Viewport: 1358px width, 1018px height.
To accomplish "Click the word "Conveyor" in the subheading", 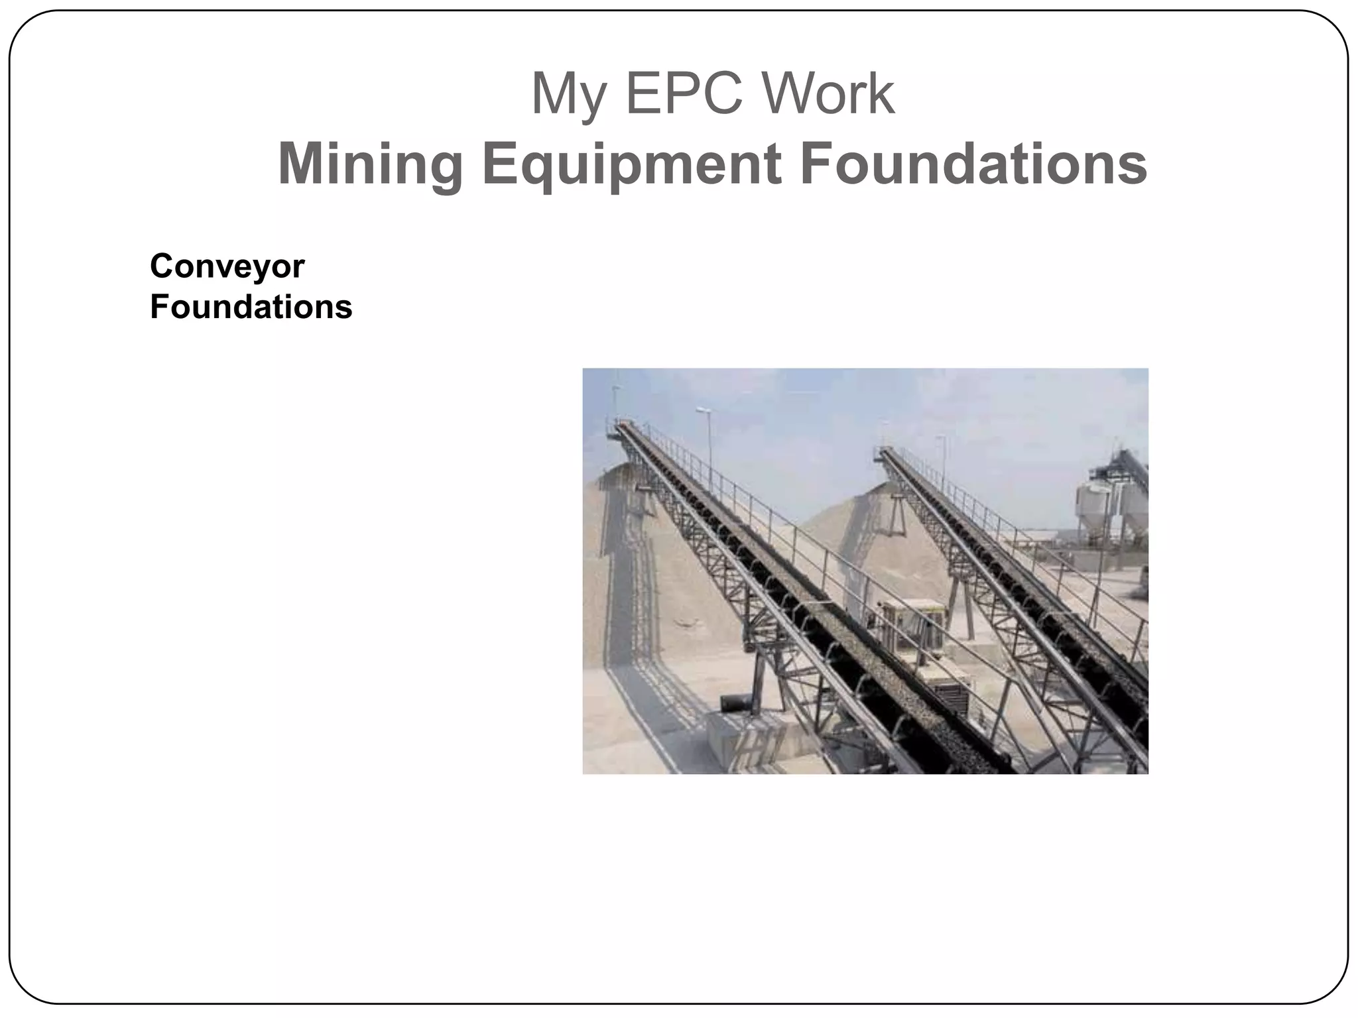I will (x=227, y=266).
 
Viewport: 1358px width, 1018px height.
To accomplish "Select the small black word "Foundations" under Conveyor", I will (x=251, y=308).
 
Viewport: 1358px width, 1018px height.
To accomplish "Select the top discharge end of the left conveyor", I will (x=621, y=427).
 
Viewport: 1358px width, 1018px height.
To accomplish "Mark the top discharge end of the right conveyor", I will (x=883, y=453).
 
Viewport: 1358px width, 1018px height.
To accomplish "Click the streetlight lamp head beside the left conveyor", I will (x=702, y=412).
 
